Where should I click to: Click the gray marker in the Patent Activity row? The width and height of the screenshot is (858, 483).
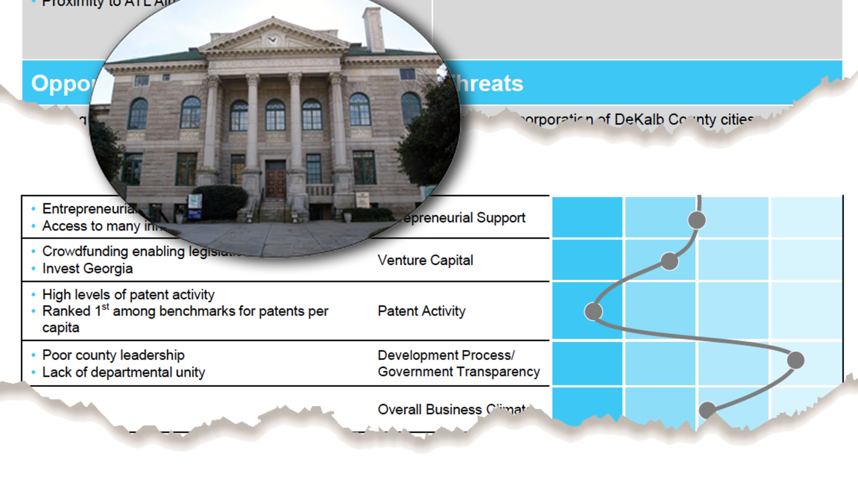[593, 311]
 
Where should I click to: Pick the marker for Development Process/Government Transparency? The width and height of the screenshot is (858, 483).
[796, 360]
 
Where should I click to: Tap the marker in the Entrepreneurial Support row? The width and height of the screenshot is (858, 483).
[696, 220]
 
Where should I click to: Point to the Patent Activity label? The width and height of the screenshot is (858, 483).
[421, 311]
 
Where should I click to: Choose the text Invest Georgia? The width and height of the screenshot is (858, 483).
[87, 268]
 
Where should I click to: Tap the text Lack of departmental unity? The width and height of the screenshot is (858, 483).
[123, 372]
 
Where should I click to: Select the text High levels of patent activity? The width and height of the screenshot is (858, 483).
[128, 295]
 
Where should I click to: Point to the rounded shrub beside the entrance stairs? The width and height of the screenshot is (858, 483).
[220, 202]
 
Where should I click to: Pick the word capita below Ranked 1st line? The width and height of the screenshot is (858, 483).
[61, 328]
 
